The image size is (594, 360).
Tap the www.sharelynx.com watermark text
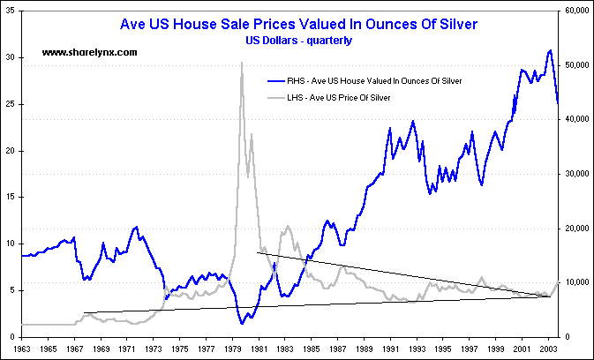point(90,53)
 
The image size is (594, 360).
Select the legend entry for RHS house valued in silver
point(373,80)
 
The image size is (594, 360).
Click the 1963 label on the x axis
point(22,349)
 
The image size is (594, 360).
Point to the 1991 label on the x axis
point(391,349)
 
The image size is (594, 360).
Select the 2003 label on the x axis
point(548,349)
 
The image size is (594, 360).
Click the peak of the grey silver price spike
point(242,63)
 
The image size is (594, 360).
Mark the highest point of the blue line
point(550,50)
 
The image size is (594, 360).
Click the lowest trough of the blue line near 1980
point(243,324)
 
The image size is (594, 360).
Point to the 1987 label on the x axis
point(339,349)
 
